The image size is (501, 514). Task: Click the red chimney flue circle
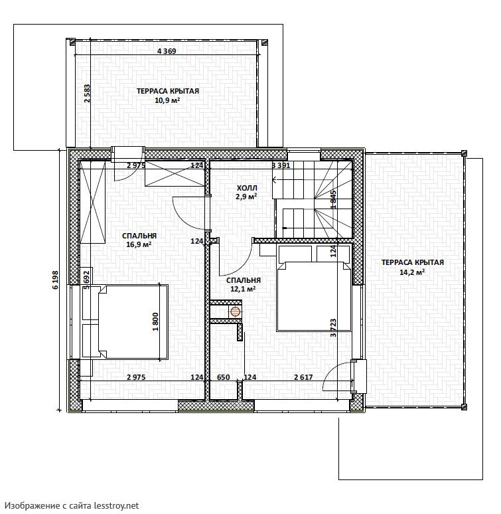pos(235,311)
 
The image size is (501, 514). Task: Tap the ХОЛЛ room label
pos(247,188)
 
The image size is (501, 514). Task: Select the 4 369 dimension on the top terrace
pos(167,51)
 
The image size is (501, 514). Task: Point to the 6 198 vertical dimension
pos(55,280)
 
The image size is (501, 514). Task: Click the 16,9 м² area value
pos(139,244)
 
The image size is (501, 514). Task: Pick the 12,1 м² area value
pos(243,289)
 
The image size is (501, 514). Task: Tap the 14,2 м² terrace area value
pos(413,272)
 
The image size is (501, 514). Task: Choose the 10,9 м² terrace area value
pos(167,100)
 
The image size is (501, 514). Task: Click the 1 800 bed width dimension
pos(155,321)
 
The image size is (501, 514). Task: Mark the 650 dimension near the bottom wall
pos(224,377)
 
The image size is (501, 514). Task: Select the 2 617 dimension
pos(303,377)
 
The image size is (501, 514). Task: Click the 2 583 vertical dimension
pos(87,94)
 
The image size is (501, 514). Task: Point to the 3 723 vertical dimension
pos(333,328)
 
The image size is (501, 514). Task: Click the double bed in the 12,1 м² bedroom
pos(315,288)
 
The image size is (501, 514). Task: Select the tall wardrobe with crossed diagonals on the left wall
pos(93,202)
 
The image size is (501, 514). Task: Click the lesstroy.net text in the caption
pos(116,506)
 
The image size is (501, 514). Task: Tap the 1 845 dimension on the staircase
pos(333,199)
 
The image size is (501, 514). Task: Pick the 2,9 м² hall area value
pos(246,197)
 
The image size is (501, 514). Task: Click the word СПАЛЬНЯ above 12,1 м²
pos(244,281)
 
